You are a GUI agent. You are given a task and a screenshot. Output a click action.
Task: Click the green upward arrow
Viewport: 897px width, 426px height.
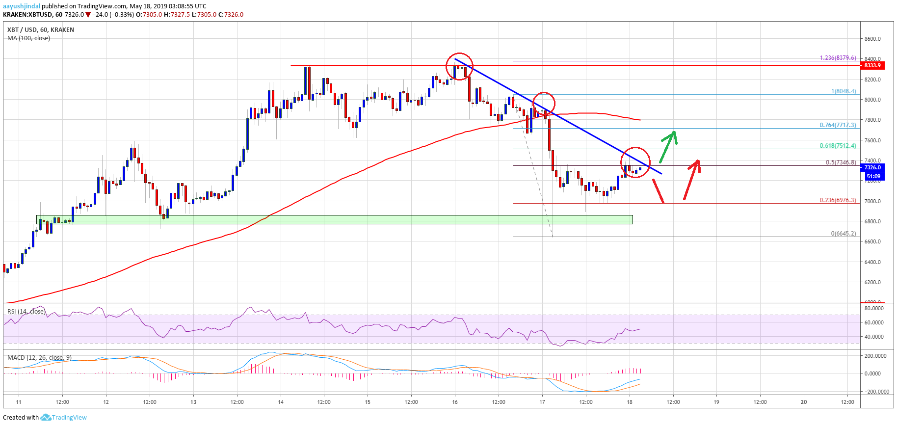pyautogui.click(x=668, y=145)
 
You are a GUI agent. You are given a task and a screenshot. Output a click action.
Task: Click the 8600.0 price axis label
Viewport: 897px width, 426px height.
pyautogui.click(x=872, y=39)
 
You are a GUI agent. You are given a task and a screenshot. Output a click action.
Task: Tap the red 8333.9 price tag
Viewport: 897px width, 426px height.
pyautogui.click(x=872, y=65)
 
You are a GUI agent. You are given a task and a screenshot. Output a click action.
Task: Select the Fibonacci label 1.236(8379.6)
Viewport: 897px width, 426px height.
pyautogui.click(x=838, y=58)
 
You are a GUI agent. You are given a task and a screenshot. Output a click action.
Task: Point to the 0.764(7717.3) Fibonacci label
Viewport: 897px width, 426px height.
pyautogui.click(x=838, y=125)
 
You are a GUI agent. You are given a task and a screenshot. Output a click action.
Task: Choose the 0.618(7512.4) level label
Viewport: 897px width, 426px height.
pyautogui.click(x=838, y=146)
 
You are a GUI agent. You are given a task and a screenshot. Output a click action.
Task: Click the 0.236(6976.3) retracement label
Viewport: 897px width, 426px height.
pyautogui.click(x=838, y=200)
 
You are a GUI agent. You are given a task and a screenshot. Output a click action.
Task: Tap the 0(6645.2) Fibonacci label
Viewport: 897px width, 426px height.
pyautogui.click(x=843, y=234)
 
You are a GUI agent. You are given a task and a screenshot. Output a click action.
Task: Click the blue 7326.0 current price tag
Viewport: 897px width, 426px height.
pyautogui.click(x=872, y=167)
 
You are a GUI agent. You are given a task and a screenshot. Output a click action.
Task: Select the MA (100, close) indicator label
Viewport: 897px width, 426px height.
pyautogui.click(x=28, y=38)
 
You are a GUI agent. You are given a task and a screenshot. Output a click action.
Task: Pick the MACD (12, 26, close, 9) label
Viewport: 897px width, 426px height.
pyautogui.click(x=39, y=357)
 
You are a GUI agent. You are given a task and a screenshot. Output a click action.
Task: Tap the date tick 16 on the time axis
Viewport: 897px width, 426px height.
pyautogui.click(x=455, y=402)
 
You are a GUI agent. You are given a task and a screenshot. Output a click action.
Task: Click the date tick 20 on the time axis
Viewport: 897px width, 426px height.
pyautogui.click(x=804, y=402)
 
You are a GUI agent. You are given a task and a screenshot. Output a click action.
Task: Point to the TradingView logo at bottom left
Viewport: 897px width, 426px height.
pyautogui.click(x=64, y=418)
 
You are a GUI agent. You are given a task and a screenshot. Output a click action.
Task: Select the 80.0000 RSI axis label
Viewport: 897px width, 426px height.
pyautogui.click(x=874, y=308)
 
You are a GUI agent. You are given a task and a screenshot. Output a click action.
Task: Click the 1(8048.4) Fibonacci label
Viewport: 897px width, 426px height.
pyautogui.click(x=843, y=91)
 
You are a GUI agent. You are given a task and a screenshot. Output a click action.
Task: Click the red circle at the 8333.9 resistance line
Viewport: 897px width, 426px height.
pyautogui.click(x=459, y=66)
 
